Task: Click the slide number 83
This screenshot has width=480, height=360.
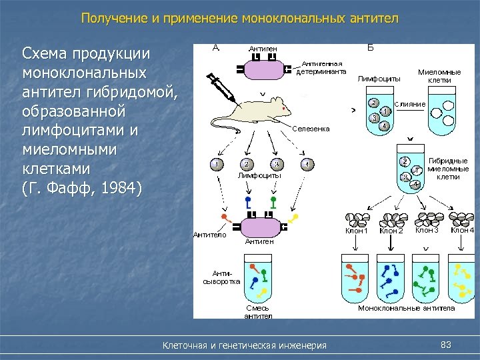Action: [x=446, y=344]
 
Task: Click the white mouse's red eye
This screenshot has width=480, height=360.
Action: [x=284, y=107]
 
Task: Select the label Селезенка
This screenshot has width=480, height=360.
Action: [x=311, y=129]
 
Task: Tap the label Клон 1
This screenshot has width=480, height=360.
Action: [x=357, y=231]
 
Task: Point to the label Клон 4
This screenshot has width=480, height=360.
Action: [x=462, y=231]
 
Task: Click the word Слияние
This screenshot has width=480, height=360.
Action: [x=410, y=105]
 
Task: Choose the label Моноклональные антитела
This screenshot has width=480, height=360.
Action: [x=406, y=308]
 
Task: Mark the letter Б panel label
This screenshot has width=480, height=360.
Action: [x=371, y=47]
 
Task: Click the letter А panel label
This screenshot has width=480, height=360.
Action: [x=216, y=47]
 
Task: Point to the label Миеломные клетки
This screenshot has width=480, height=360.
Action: [x=439, y=75]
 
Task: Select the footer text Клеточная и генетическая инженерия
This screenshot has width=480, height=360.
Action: [x=245, y=345]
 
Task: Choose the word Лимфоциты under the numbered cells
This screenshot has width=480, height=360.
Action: [x=259, y=176]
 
